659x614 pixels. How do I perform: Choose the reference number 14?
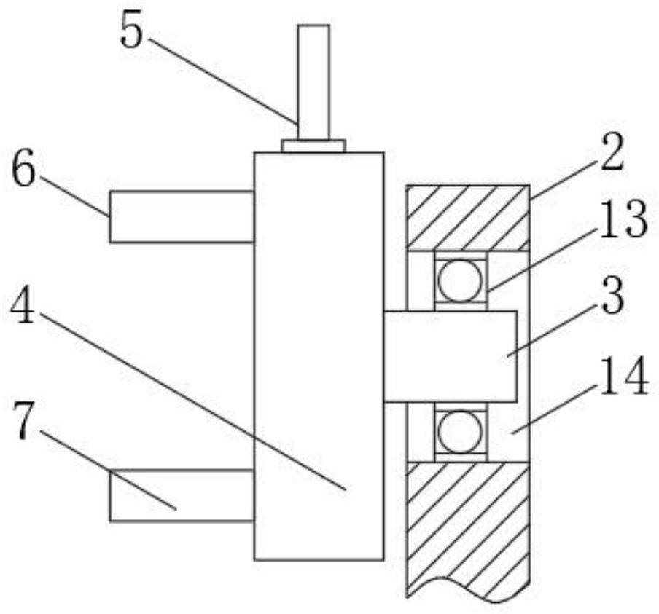coord(624,378)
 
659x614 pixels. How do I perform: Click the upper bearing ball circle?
coord(460,280)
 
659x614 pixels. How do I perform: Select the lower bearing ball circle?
coord(460,433)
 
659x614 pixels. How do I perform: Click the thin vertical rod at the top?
coord(313,80)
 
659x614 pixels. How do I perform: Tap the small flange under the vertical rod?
coord(313,146)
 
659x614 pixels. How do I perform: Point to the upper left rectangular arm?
coord(181,216)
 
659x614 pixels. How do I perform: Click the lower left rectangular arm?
coord(181,495)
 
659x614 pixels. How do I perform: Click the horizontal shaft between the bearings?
coord(451,356)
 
